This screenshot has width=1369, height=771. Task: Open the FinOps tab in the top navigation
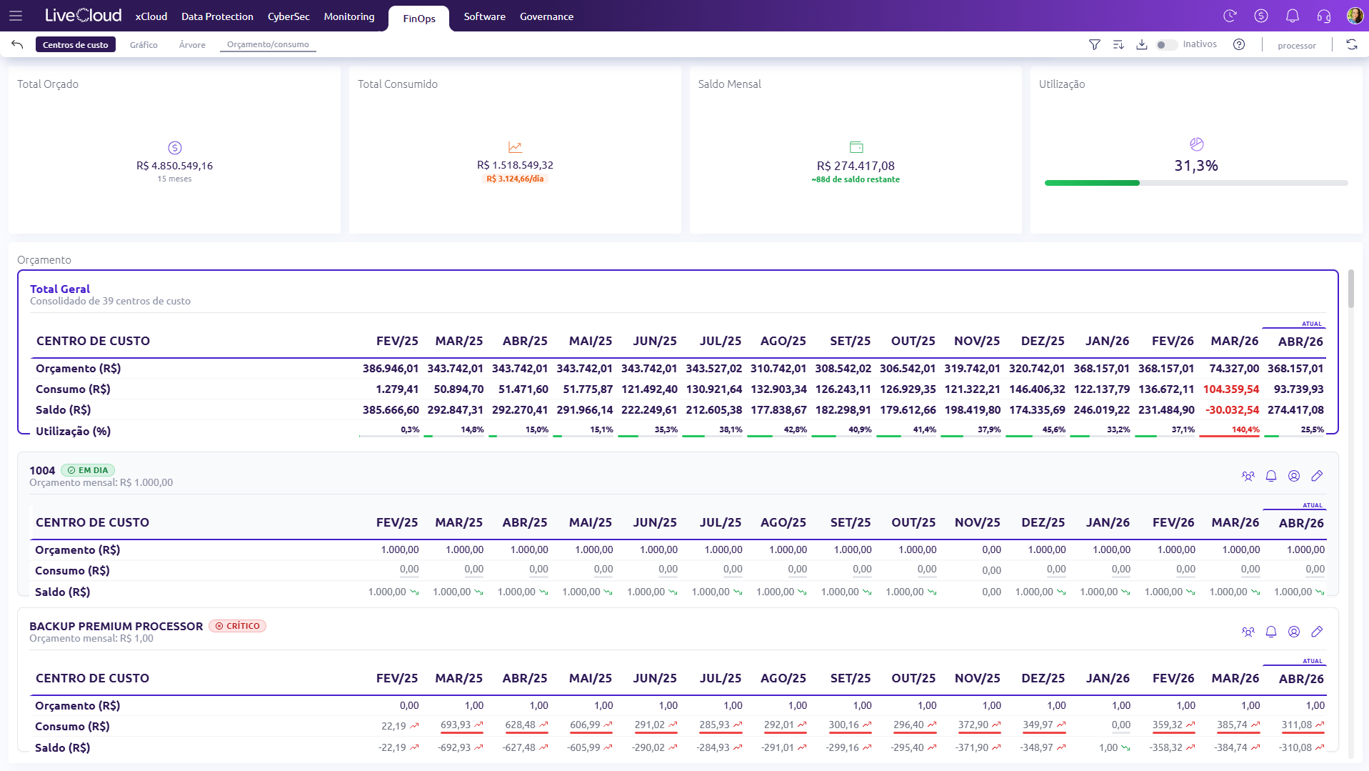point(418,19)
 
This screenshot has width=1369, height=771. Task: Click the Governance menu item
point(546,16)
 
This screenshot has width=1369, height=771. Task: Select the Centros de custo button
point(75,44)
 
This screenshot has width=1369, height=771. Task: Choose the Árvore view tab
point(192,44)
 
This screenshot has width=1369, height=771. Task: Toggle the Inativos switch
point(1166,44)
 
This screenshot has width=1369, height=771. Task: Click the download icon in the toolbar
point(1142,44)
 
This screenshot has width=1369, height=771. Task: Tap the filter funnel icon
point(1094,44)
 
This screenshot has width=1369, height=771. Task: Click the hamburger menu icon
point(16,16)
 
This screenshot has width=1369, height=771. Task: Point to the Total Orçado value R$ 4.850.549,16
point(174,166)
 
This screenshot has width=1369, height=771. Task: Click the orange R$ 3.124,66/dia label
point(515,179)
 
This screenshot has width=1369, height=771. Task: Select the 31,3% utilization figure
point(1196,166)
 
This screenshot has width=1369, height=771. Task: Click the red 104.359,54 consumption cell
point(1231,389)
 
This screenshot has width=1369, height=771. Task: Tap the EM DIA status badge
point(88,470)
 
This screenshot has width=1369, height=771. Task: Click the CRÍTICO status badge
point(237,626)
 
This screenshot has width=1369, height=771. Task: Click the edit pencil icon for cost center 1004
point(1317,476)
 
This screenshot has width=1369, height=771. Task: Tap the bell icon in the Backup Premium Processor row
point(1271,632)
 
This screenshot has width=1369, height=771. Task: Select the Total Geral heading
point(60,289)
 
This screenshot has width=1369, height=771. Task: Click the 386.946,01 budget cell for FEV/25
point(390,369)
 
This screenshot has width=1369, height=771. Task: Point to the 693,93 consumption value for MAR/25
point(456,725)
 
